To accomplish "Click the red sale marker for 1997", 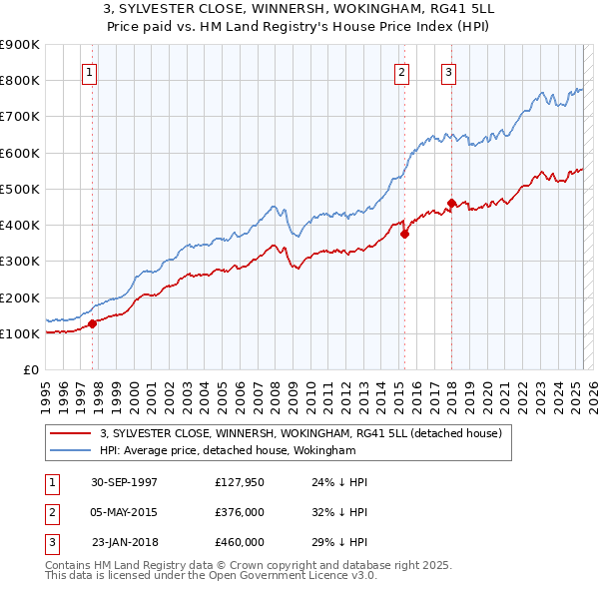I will pyautogui.click(x=92, y=323).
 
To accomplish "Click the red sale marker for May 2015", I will pyautogui.click(x=404, y=235).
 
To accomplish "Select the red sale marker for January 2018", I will pyautogui.click(x=451, y=204).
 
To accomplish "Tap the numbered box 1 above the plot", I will pyautogui.click(x=90, y=71).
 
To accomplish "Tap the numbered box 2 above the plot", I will pyautogui.click(x=401, y=71).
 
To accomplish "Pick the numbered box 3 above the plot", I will pyautogui.click(x=449, y=71).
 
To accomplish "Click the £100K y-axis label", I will pyautogui.click(x=20, y=333).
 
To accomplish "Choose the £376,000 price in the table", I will pyautogui.click(x=240, y=512).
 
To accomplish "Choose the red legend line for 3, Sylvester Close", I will pyautogui.click(x=70, y=433).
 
